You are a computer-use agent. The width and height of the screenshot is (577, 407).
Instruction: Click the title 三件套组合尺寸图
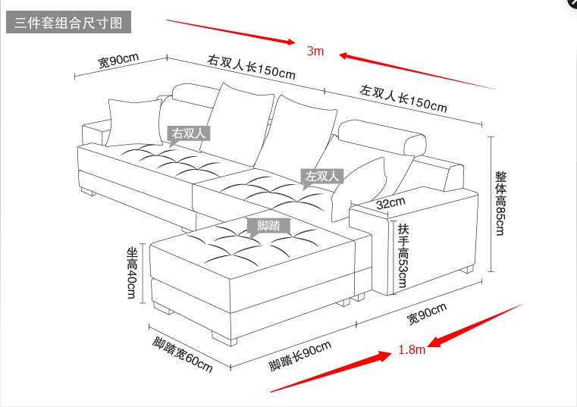[x=68, y=23]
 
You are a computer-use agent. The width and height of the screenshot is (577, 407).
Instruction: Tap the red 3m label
[x=315, y=52]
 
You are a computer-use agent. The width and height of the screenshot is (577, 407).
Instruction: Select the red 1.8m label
[x=412, y=350]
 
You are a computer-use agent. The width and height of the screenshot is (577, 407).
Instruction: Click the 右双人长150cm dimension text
[x=251, y=67]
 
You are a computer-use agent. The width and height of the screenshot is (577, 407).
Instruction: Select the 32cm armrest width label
[x=390, y=203]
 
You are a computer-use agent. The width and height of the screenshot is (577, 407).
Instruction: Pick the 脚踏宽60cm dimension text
[x=182, y=353]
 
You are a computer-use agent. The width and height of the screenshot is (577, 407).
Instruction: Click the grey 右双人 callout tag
[x=189, y=133]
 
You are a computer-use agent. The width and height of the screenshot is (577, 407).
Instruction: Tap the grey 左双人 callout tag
[x=323, y=177]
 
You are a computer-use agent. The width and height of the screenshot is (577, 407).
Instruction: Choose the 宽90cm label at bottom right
[x=427, y=313]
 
